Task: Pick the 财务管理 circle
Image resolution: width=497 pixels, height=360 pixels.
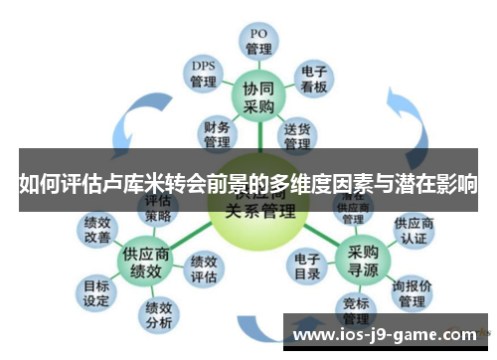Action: (218, 131)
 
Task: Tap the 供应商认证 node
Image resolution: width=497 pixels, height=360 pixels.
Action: (414, 231)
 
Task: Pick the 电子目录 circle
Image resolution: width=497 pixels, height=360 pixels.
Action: (308, 268)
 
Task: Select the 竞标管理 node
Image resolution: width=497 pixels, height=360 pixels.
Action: (356, 311)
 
